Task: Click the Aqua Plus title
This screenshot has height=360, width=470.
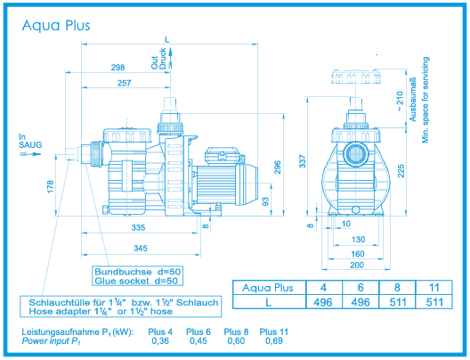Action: [56, 26]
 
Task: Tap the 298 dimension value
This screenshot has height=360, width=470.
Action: [117, 68]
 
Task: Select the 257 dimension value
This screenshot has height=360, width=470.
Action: [124, 83]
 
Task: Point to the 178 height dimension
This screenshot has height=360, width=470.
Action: [51, 186]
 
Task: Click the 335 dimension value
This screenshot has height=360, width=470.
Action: [138, 228]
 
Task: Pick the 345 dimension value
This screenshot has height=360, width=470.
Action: [141, 248]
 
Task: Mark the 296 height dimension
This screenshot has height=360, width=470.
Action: [278, 168]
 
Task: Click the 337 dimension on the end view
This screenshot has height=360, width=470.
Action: [303, 161]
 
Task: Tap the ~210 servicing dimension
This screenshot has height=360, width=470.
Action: [400, 101]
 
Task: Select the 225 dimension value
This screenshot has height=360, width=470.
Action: [401, 171]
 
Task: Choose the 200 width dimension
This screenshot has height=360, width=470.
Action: [357, 265]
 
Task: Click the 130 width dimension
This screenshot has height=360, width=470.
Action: [358, 240]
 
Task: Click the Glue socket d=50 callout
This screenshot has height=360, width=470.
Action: [137, 281]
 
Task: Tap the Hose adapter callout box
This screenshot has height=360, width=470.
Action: [121, 307]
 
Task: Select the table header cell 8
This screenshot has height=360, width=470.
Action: [397, 288]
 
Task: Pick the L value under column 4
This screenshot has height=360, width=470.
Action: [323, 302]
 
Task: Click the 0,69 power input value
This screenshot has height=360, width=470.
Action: [274, 340]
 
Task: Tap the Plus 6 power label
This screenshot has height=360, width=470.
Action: [199, 331]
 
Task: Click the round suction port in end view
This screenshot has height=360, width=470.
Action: [355, 154]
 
